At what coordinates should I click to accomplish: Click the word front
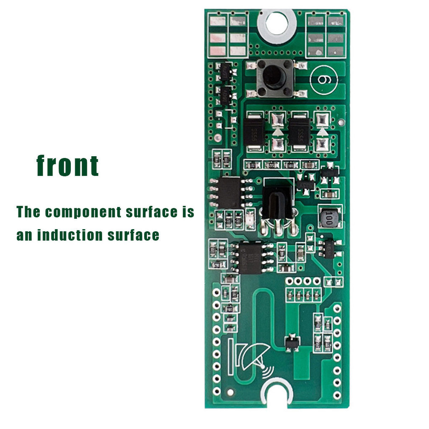pos(67,165)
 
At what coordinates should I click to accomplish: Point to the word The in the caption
pos(28,212)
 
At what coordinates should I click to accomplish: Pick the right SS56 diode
pos(300,133)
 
